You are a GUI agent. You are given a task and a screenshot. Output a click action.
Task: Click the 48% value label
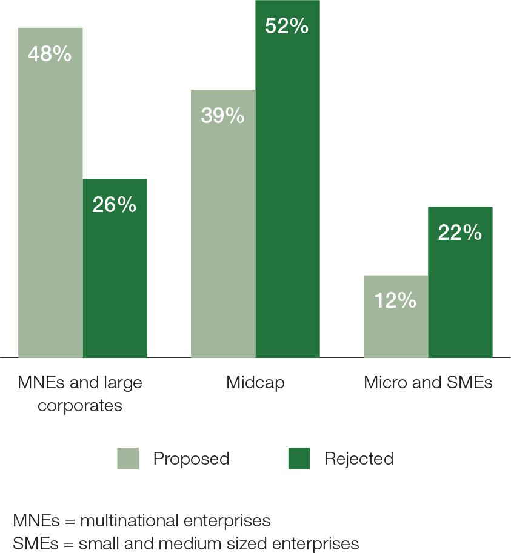[50, 55]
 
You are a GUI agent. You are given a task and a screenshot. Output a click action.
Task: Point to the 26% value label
[115, 205]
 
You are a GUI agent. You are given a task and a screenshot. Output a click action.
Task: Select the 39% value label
[222, 116]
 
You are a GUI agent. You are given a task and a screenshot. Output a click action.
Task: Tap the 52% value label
[287, 27]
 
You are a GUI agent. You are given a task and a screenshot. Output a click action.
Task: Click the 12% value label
[395, 300]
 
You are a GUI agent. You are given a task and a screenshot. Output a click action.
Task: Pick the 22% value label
[460, 233]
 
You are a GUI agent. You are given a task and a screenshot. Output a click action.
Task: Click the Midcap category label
[255, 383]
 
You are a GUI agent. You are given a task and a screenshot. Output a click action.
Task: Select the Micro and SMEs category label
[428, 383]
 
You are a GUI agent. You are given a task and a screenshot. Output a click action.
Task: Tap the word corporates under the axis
[80, 405]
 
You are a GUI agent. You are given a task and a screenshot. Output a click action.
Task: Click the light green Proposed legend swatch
[128, 459]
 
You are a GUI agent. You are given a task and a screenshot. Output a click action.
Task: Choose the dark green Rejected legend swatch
[299, 459]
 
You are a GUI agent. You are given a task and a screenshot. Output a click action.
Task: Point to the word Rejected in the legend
[359, 459]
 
